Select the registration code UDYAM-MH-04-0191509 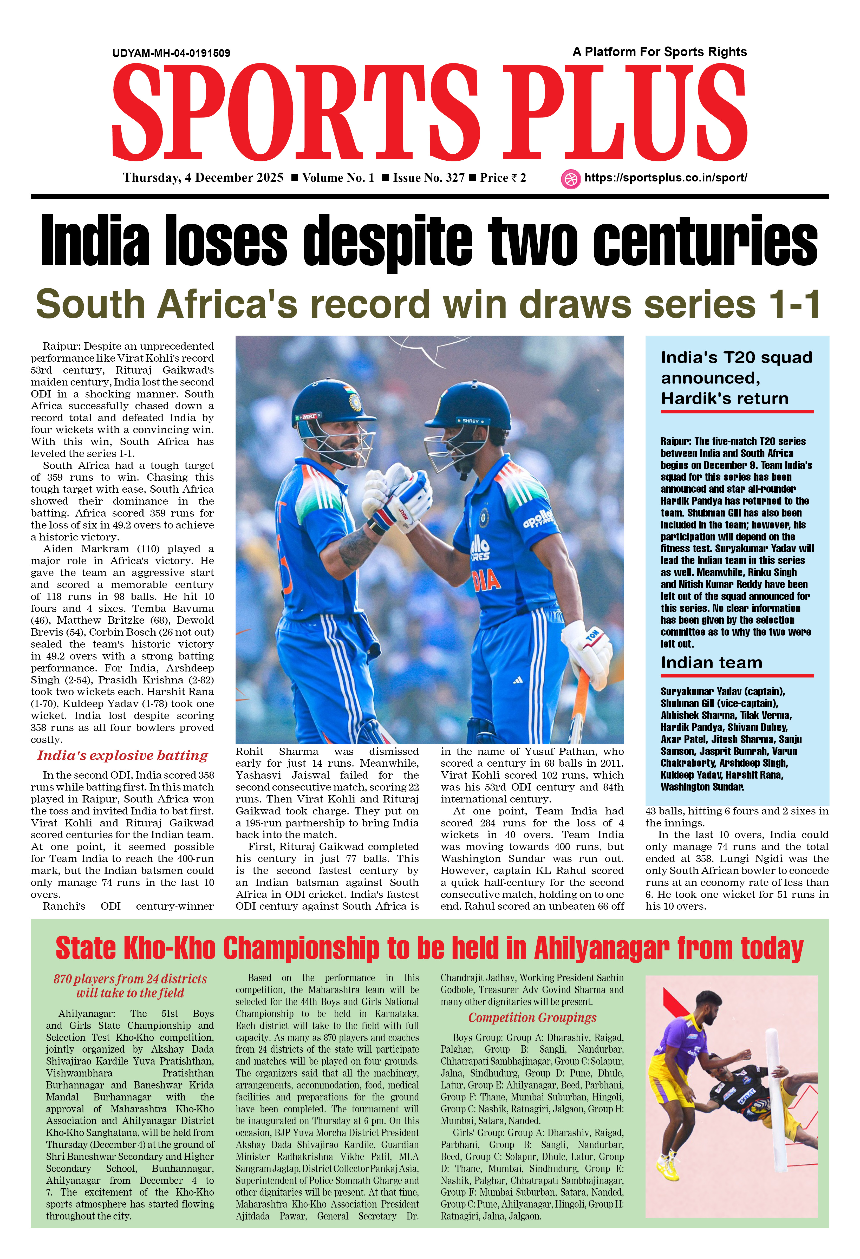coord(171,53)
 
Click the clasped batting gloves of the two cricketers coord(398,493)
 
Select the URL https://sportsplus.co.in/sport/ coord(666,178)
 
